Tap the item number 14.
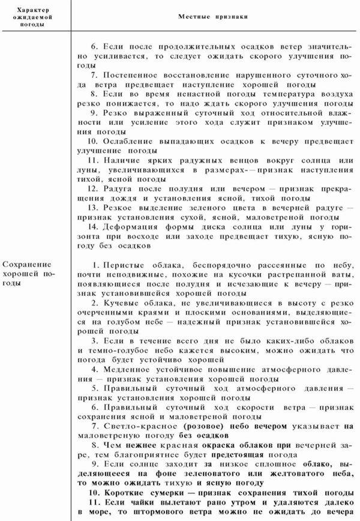point(92,227)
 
